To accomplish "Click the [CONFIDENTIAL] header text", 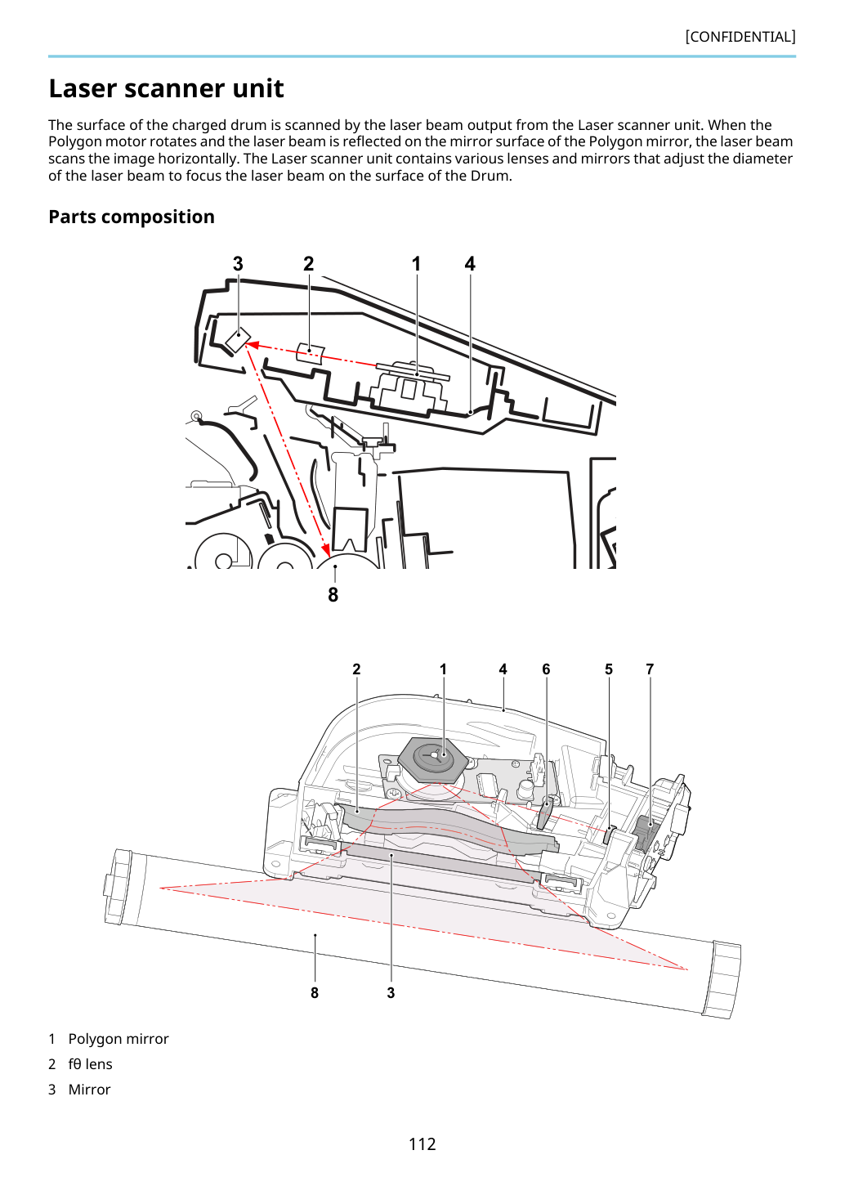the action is coord(740,37).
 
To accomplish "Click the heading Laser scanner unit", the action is coord(166,88).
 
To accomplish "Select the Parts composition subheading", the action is coord(132,217).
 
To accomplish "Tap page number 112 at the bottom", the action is coord(422,1144).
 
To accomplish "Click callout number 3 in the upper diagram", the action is coord(238,263).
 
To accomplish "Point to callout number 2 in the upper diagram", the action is coord(308,263).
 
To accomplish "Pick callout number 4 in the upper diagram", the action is coord(469,263).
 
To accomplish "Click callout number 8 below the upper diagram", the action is coord(333,594).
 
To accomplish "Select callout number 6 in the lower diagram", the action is coord(546,669).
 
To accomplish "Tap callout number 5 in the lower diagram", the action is coord(609,669).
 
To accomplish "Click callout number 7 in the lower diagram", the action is coord(649,669).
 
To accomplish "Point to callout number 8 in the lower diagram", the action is coord(315,993).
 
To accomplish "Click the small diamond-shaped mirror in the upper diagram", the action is coord(238,340).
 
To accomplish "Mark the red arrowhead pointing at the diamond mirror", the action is coord(252,345).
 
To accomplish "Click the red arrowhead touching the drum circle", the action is coord(326,549).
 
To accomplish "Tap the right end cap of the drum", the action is coord(722,980).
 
